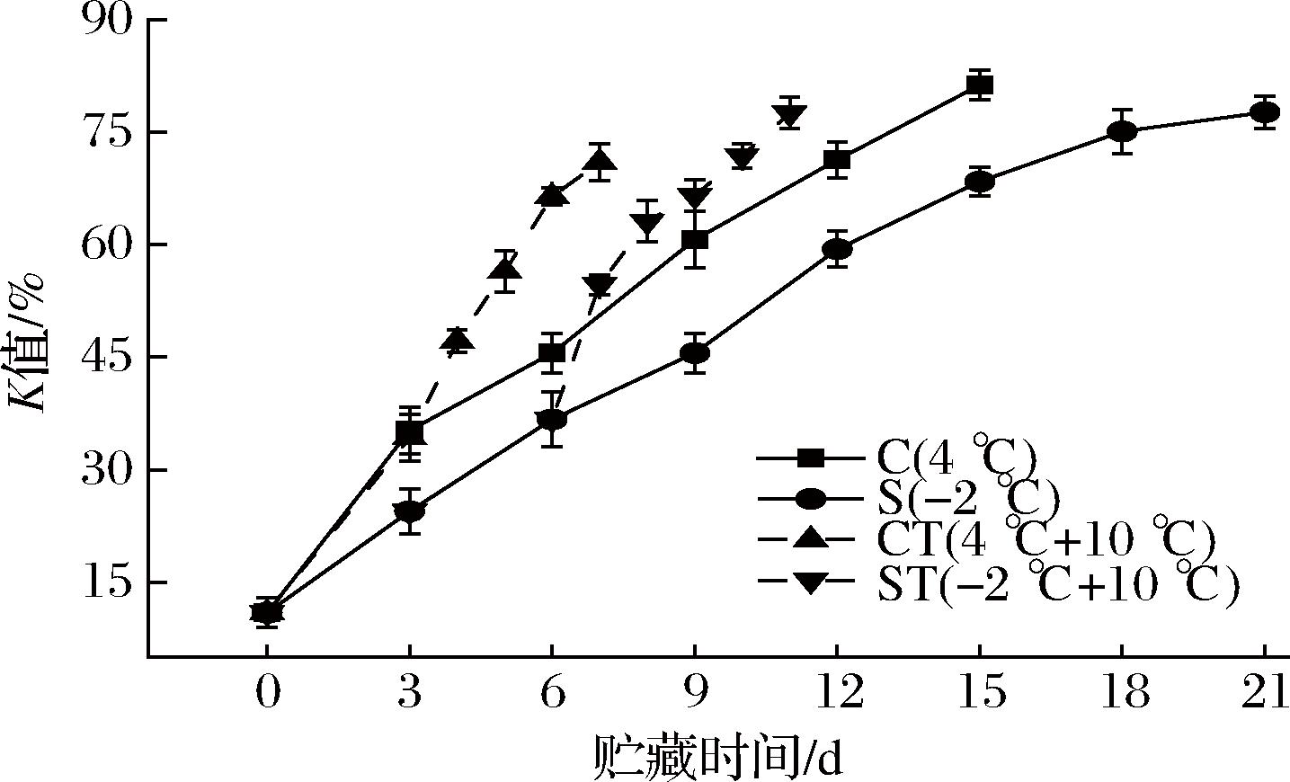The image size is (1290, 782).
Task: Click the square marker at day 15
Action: tap(980, 85)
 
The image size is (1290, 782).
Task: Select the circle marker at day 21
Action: tap(1265, 112)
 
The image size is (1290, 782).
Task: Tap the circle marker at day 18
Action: tap(1122, 131)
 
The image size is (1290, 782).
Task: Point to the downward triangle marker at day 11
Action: tap(789, 115)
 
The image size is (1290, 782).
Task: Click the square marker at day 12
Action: tap(837, 161)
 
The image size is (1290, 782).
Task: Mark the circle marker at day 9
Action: tap(694, 353)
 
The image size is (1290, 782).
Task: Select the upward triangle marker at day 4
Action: tap(458, 339)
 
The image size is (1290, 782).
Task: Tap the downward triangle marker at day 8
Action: tap(647, 224)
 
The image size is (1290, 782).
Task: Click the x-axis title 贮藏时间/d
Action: tap(716, 757)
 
